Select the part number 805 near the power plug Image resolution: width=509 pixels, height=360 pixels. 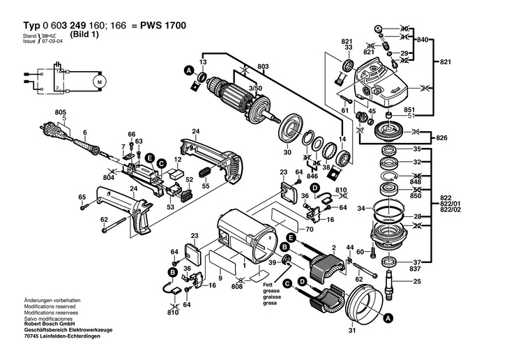[60, 112]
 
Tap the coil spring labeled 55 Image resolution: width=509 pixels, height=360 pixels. [205, 172]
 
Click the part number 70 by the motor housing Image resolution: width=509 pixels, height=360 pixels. [310, 228]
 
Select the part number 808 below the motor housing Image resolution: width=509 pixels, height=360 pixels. [237, 285]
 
